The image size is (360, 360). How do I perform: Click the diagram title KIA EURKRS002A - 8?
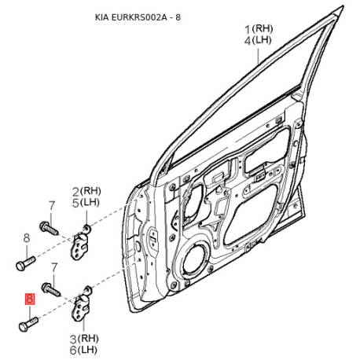point(138,17)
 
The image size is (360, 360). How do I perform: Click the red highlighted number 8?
point(30,299)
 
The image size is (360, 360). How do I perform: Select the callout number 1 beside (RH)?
point(248,29)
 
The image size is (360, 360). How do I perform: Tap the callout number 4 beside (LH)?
point(248,41)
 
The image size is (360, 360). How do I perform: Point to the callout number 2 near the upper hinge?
point(75,192)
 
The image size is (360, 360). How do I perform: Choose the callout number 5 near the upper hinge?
point(75,204)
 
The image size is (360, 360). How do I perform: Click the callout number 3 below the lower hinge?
point(73,340)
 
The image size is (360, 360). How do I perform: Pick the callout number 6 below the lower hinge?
point(73,351)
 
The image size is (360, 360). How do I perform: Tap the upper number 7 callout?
point(52,206)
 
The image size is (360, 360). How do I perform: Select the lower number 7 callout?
point(54,267)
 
